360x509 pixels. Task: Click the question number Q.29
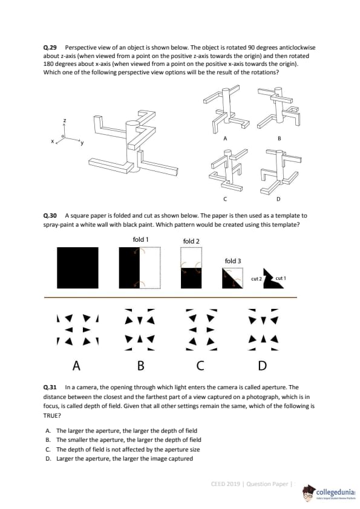tap(50, 48)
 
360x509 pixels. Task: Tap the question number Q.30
tap(50, 216)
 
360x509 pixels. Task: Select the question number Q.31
tap(50, 387)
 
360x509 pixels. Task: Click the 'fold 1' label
tap(141, 239)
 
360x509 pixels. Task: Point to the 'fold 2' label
tap(191, 241)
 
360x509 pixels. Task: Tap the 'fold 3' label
tap(233, 261)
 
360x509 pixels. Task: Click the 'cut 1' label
tap(280, 278)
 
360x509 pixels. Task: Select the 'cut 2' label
tap(257, 279)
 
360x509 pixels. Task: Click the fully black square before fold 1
tap(77, 268)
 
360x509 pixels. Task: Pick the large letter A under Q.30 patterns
tap(76, 366)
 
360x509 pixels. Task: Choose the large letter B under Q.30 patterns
tap(140, 366)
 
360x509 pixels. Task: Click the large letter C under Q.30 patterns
tap(200, 366)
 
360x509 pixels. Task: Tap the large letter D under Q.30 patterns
tap(262, 366)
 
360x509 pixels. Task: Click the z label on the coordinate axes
tap(65, 121)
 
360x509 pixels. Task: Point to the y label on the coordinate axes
tap(82, 143)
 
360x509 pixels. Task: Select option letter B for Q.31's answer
tap(48, 440)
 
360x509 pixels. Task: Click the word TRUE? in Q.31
tap(52, 415)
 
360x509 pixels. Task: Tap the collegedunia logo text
tap(336, 493)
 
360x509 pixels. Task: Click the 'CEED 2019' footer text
tap(225, 484)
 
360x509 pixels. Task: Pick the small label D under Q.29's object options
tap(278, 199)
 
